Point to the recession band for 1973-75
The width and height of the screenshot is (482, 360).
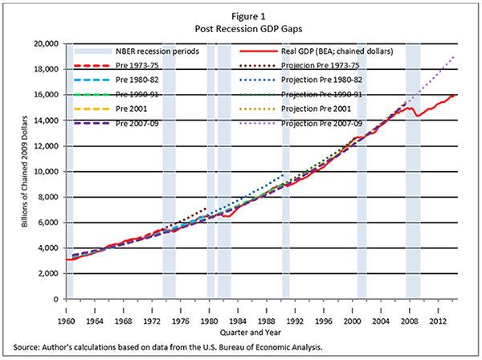169,201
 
